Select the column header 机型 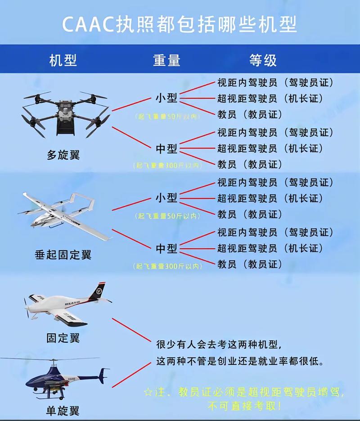63,60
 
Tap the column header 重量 166,60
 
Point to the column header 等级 263,60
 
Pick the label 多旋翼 63,155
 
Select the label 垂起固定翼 63,255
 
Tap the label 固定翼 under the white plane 63,337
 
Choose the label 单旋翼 63,410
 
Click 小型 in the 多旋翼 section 166,99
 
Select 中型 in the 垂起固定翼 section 166,248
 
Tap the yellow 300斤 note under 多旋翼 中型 167,166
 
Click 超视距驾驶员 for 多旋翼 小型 247,99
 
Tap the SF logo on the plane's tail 97,292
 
